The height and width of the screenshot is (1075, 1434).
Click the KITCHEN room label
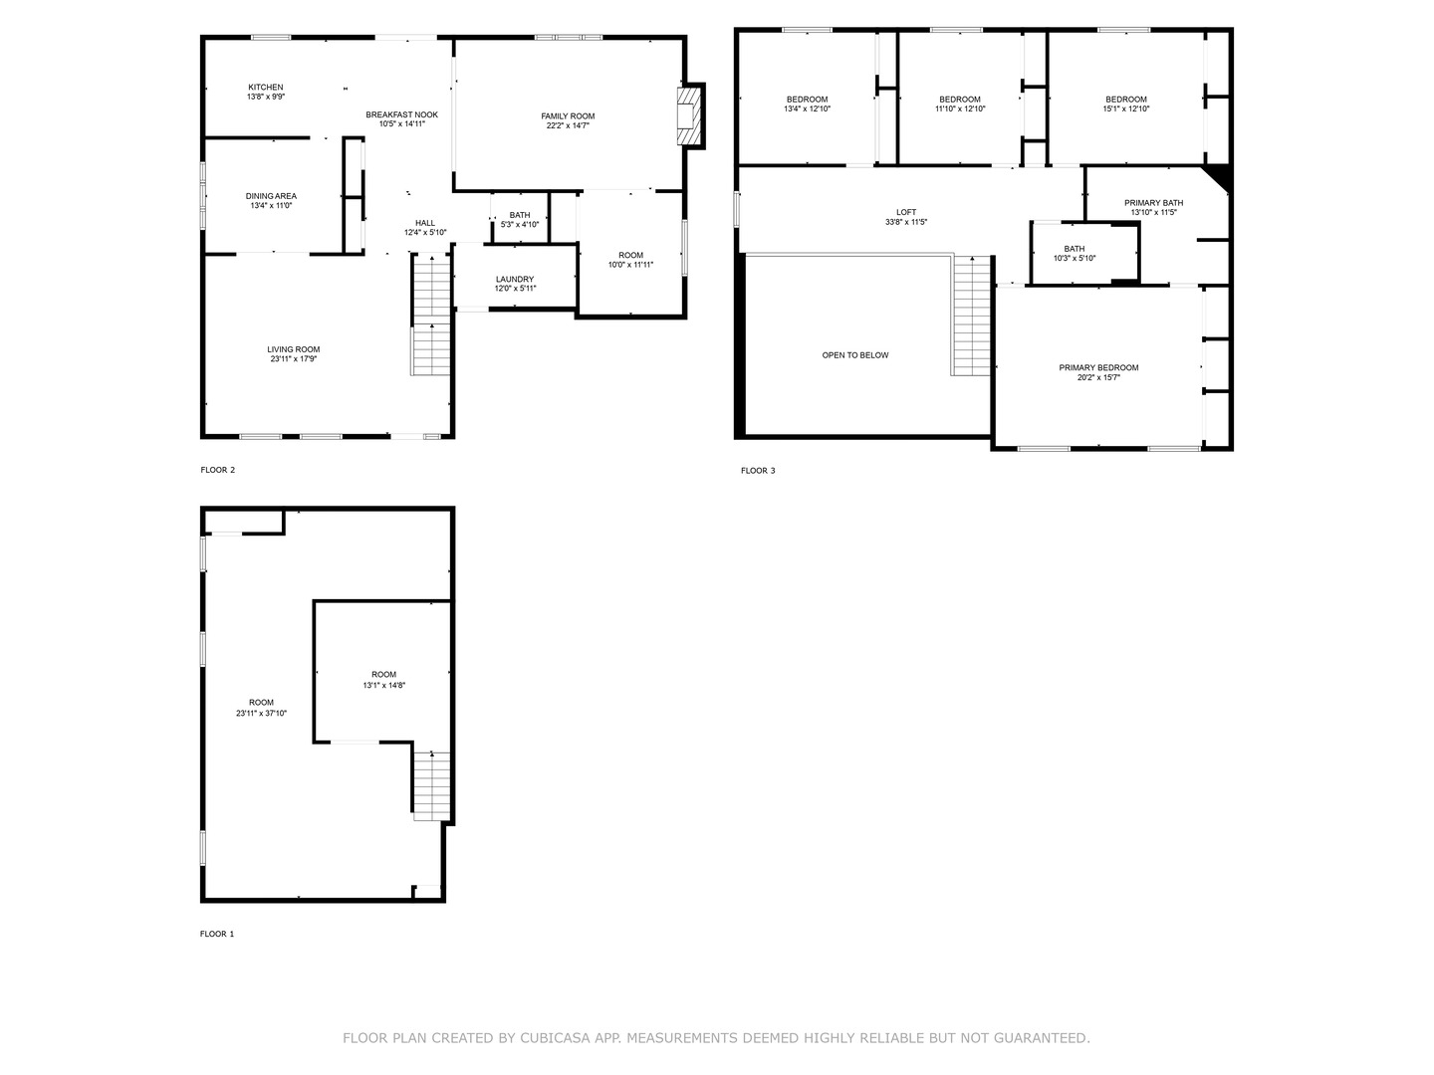coord(266,88)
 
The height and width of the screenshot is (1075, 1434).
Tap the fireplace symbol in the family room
coord(688,115)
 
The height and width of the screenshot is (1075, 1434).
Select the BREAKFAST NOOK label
coord(401,114)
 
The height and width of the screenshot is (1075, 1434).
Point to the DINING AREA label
coord(271,196)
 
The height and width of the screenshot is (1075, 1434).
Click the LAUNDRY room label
coord(515,280)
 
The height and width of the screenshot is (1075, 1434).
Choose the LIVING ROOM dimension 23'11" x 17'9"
coord(294,359)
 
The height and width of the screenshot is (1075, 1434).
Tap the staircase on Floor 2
coord(431,315)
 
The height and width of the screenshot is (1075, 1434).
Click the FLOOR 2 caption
coord(218,470)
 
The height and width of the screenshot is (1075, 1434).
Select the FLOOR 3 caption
coord(758,471)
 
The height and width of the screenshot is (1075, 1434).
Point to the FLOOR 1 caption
coord(218,934)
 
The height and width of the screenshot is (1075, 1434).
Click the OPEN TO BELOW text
coord(855,355)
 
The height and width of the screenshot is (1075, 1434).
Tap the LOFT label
coord(906,212)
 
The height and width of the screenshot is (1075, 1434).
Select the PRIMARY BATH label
coord(1154,203)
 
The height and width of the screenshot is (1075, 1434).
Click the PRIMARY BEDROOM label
coord(1098,368)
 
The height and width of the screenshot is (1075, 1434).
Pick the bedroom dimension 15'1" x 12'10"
coord(1126,109)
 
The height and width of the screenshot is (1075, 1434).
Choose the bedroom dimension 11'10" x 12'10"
coord(960,109)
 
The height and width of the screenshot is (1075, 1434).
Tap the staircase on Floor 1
coord(432,784)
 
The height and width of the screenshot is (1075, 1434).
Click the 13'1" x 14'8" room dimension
coord(383,685)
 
